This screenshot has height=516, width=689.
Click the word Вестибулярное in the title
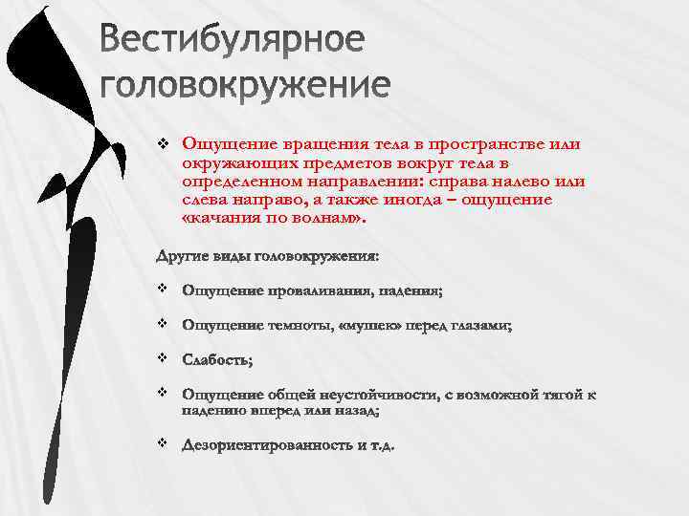point(233,41)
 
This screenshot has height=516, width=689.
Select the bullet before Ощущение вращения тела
point(162,144)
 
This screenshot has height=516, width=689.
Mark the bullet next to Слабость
point(162,358)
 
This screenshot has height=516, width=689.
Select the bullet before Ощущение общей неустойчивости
point(162,393)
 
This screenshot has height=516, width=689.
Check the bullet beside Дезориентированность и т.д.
point(162,443)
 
